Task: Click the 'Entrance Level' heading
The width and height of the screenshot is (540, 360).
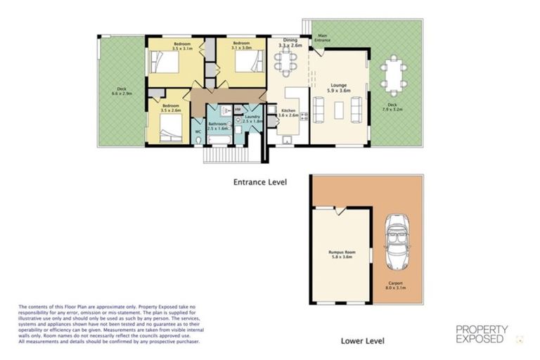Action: (x=260, y=181)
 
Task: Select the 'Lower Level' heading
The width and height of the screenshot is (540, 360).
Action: (x=362, y=341)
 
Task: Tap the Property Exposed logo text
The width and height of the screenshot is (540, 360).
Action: (x=481, y=333)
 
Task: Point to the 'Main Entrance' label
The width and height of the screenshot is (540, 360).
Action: (x=323, y=38)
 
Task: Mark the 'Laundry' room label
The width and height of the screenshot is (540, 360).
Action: (x=252, y=117)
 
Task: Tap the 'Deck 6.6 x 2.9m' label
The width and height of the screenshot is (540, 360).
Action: (x=120, y=91)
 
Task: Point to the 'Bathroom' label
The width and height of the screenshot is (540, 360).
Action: (x=217, y=124)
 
